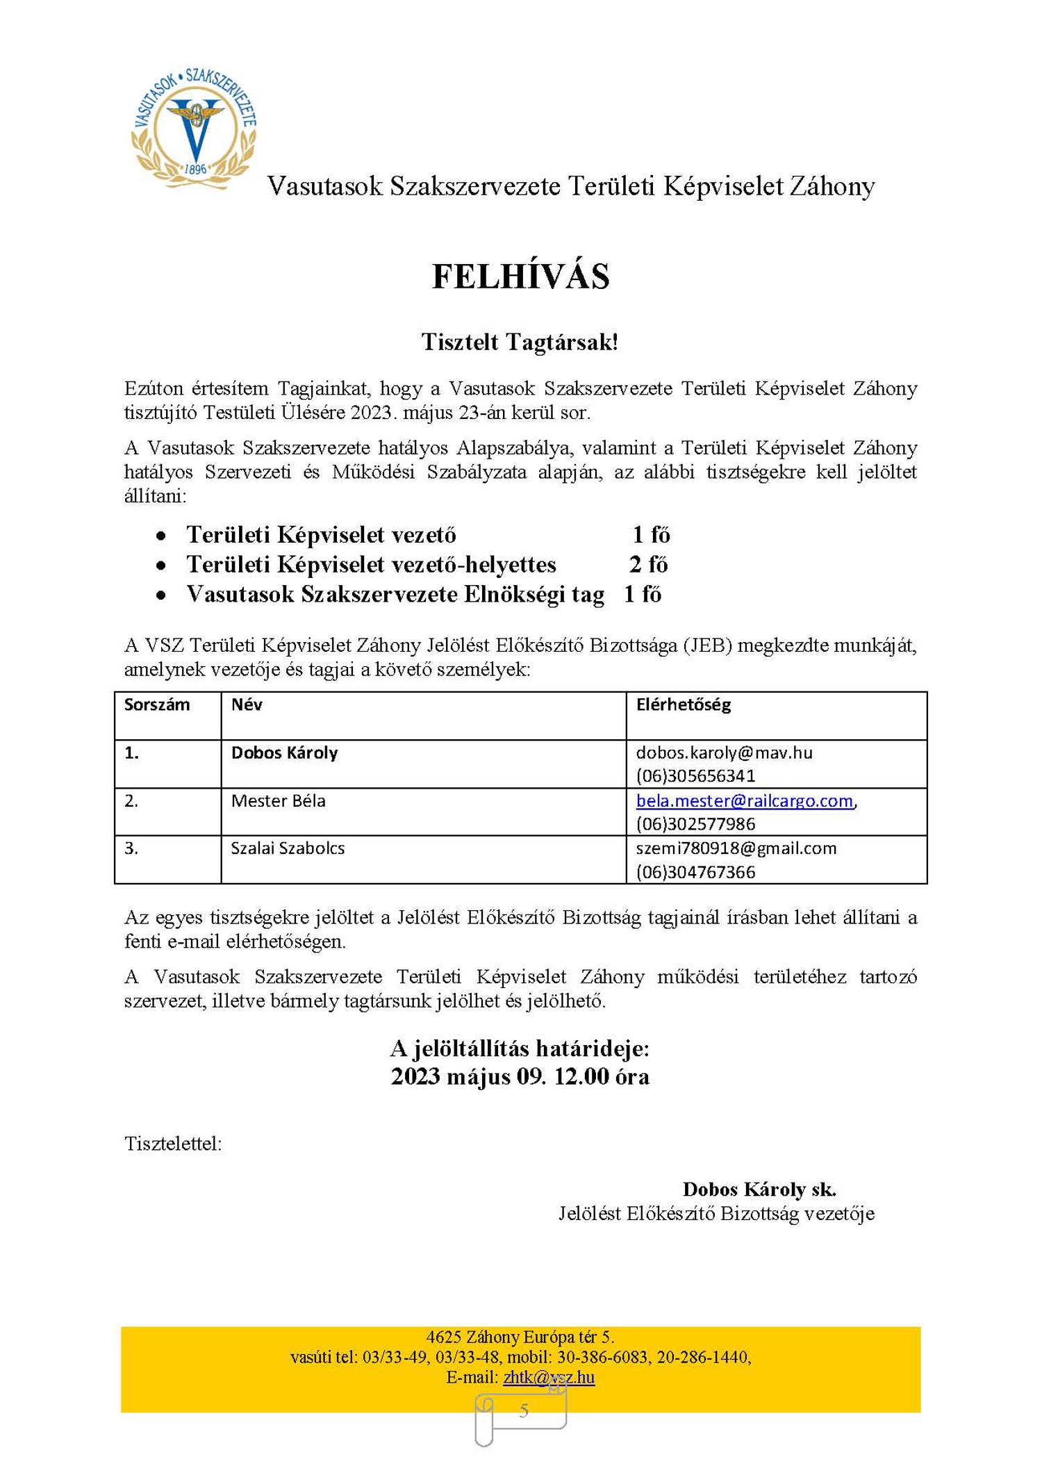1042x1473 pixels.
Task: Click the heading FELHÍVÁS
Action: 520,277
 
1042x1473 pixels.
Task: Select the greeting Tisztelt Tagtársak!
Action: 520,342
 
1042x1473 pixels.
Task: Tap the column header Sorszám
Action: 157,705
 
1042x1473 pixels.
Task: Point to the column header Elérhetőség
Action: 684,705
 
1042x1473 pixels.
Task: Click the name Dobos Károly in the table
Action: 284,752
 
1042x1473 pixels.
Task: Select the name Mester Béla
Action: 278,800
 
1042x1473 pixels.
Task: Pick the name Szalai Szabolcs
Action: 288,848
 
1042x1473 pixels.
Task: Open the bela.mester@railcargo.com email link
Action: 744,800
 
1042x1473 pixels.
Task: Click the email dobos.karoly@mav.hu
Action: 724,752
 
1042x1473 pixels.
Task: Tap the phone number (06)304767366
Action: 695,872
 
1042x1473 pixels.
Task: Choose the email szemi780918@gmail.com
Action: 736,848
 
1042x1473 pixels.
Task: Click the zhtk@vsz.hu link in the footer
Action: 549,1377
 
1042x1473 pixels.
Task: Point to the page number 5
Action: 524,1410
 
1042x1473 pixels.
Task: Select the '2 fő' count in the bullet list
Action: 648,564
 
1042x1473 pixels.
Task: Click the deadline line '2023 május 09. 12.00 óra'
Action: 520,1076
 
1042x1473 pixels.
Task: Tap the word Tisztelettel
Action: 173,1144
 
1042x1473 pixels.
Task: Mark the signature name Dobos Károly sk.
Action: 759,1189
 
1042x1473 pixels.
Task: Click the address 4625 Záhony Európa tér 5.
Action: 520,1337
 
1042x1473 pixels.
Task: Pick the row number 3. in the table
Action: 131,848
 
